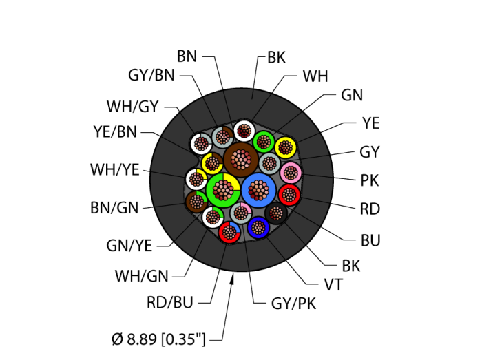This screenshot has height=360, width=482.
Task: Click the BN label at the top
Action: [x=187, y=56]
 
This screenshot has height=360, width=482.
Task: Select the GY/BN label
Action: [x=151, y=76]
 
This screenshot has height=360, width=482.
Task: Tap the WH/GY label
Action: [x=132, y=107]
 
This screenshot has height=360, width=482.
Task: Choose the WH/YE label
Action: [x=116, y=169]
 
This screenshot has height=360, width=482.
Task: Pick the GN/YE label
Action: [x=129, y=244]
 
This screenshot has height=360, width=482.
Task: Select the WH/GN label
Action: [x=141, y=277]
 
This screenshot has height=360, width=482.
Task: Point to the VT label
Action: [x=334, y=283]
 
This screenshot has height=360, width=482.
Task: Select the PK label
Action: [x=369, y=180]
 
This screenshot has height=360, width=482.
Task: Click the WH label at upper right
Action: [x=315, y=76]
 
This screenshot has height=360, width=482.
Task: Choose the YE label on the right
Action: [x=370, y=124]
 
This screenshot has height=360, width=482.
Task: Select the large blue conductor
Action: [x=259, y=191]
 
